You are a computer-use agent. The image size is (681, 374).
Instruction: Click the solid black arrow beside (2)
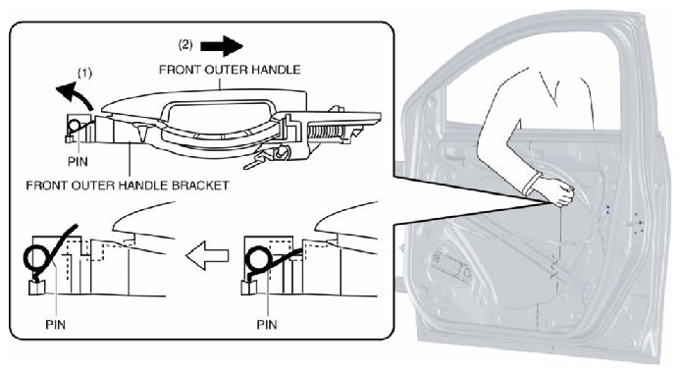click(x=222, y=46)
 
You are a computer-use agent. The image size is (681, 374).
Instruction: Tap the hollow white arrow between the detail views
click(x=208, y=255)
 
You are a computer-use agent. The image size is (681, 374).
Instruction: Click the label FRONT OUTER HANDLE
click(x=230, y=70)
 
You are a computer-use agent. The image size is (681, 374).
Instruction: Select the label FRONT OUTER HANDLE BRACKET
click(x=128, y=186)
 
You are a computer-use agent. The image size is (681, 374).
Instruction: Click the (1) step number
click(x=84, y=73)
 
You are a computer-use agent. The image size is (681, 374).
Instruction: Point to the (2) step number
click(x=185, y=45)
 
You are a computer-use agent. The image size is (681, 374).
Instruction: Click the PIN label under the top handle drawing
click(x=78, y=162)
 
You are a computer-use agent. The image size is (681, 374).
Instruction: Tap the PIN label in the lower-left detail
click(x=56, y=324)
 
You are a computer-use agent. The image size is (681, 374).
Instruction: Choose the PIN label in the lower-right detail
click(x=267, y=324)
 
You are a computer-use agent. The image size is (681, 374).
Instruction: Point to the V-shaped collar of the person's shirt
click(x=549, y=88)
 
